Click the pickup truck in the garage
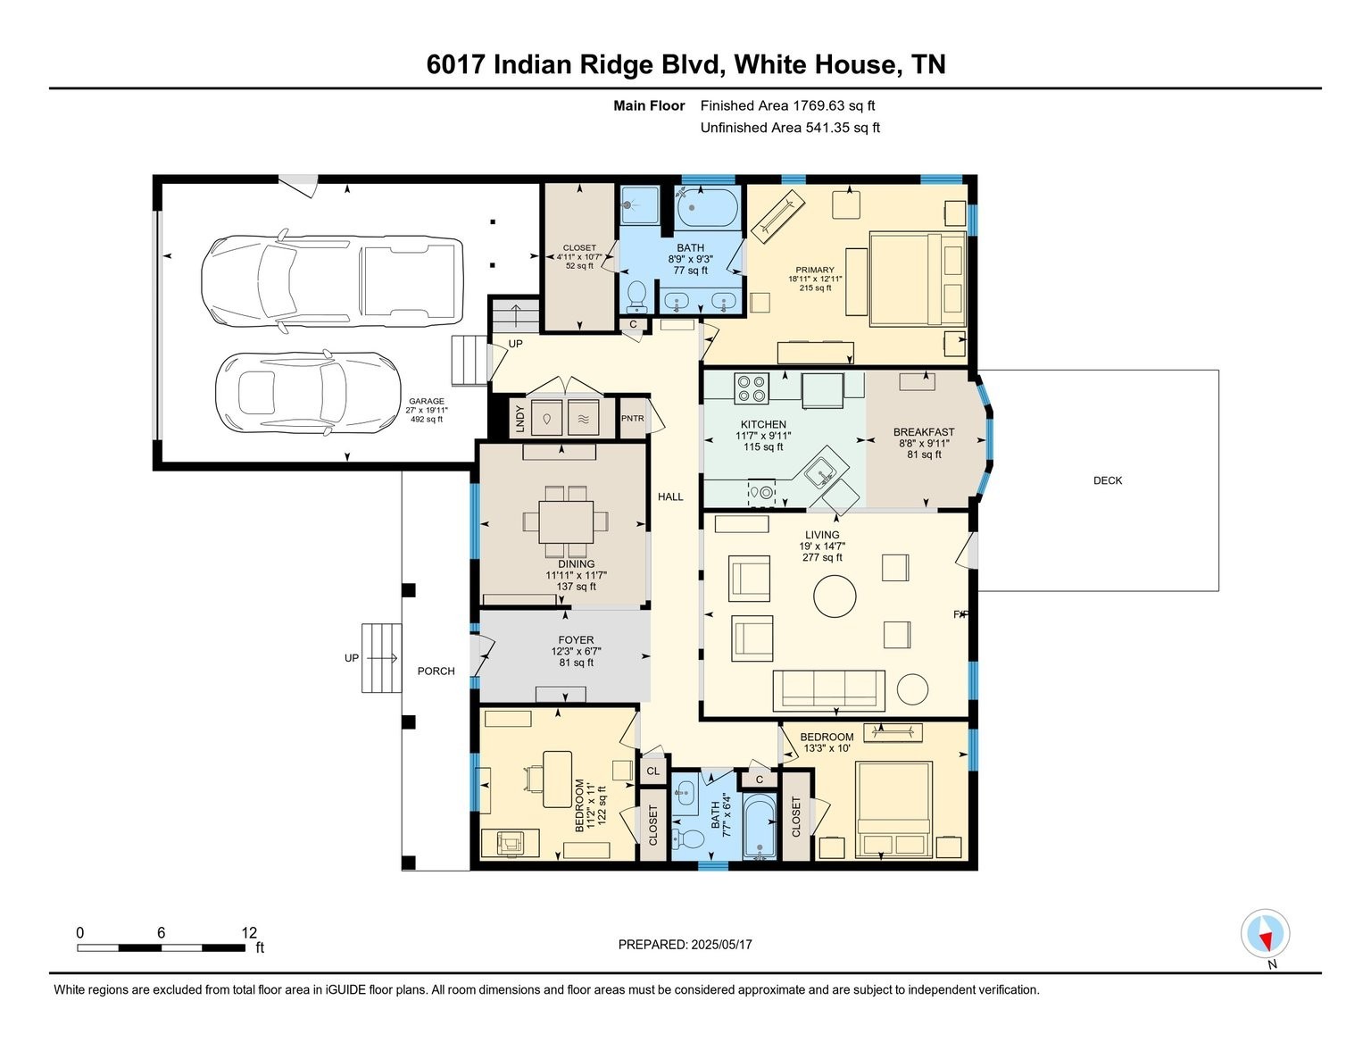tap(332, 281)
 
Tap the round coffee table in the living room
tap(835, 596)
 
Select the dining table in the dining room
tap(566, 521)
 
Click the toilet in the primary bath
tap(636, 296)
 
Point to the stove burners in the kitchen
tap(752, 388)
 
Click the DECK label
tap(1108, 480)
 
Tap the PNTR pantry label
tap(633, 418)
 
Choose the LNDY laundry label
tap(519, 418)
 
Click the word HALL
tap(670, 496)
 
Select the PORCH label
tap(436, 671)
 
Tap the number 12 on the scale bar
tap(249, 932)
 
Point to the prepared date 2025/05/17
tap(722, 945)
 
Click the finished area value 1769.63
tap(818, 106)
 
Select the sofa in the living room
tap(828, 690)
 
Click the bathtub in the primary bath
tap(707, 208)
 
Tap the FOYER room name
tap(576, 640)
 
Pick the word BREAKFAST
tap(924, 432)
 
